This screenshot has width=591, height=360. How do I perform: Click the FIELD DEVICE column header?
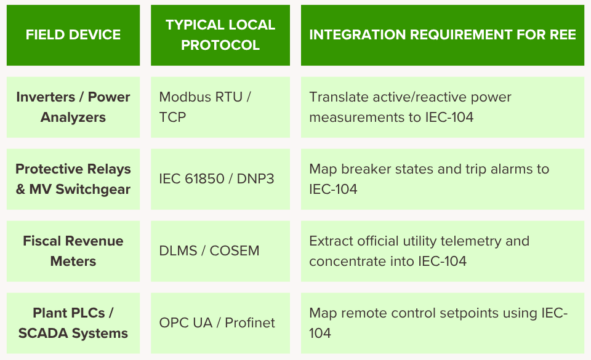click(73, 34)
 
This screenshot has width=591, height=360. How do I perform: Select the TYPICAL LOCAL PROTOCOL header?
click(220, 34)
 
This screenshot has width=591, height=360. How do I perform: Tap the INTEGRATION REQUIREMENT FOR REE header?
click(443, 34)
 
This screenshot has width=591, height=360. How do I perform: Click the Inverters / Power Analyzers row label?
click(73, 107)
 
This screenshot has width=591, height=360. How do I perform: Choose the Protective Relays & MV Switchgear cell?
click(73, 179)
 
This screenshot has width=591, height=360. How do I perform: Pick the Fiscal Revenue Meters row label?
click(73, 251)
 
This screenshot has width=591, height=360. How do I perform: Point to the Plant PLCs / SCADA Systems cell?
click(73, 322)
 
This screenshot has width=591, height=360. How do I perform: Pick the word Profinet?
click(250, 322)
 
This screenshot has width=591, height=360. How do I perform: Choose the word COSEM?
click(235, 251)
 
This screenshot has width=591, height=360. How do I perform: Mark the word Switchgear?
click(93, 190)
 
